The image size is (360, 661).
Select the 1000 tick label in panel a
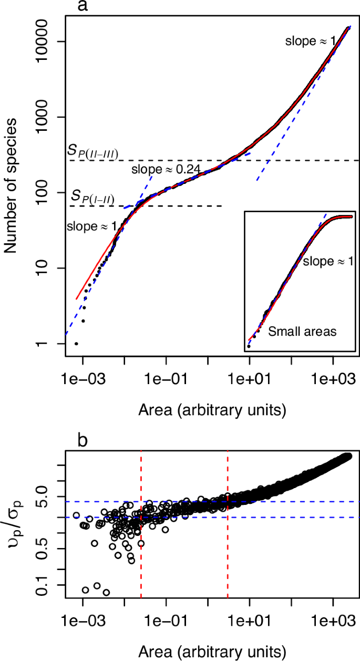click(x=50, y=117)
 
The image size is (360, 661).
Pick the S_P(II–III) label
click(x=92, y=152)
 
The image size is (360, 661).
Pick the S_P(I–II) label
click(x=93, y=198)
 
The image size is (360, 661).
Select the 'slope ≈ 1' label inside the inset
click(x=326, y=261)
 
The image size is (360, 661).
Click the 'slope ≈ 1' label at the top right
click(x=310, y=40)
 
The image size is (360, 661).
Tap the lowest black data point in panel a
click(x=76, y=344)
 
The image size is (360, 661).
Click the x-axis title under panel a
click(x=208, y=407)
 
